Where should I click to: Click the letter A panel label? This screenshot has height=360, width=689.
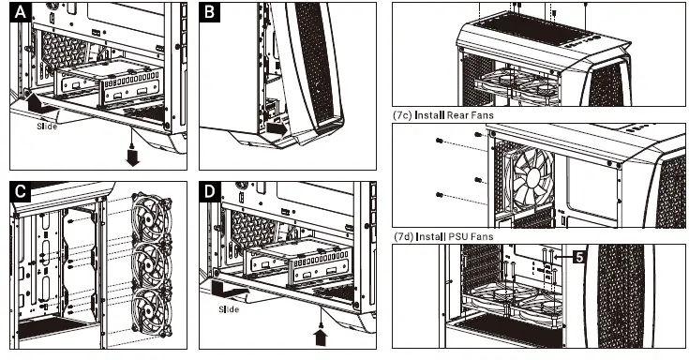tap(21, 12)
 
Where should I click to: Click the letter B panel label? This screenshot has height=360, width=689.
tap(210, 12)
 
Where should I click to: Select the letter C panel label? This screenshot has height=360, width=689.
tap(21, 192)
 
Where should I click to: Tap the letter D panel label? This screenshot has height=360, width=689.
tap(210, 192)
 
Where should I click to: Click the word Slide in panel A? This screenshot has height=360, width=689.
tap(47, 127)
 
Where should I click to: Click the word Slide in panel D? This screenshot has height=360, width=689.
tap(229, 309)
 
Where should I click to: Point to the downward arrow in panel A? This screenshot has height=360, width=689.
tap(132, 157)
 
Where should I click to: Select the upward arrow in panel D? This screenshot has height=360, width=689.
tap(321, 337)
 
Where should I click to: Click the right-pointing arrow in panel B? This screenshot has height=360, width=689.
tap(277, 128)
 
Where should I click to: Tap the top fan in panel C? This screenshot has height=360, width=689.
tap(152, 217)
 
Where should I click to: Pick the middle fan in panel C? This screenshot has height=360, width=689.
tap(152, 263)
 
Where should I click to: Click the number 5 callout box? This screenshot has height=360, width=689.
tap(579, 257)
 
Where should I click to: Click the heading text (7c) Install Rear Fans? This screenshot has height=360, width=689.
tap(443, 115)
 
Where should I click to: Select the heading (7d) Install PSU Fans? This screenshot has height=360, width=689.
tap(443, 236)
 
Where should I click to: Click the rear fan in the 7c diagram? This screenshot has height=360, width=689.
tap(530, 178)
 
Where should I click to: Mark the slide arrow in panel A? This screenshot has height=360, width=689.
tap(39, 106)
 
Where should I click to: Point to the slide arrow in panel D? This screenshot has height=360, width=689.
tap(229, 290)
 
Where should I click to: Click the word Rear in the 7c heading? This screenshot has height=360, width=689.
tap(458, 115)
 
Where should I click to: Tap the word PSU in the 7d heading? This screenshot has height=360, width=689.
tap(457, 236)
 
